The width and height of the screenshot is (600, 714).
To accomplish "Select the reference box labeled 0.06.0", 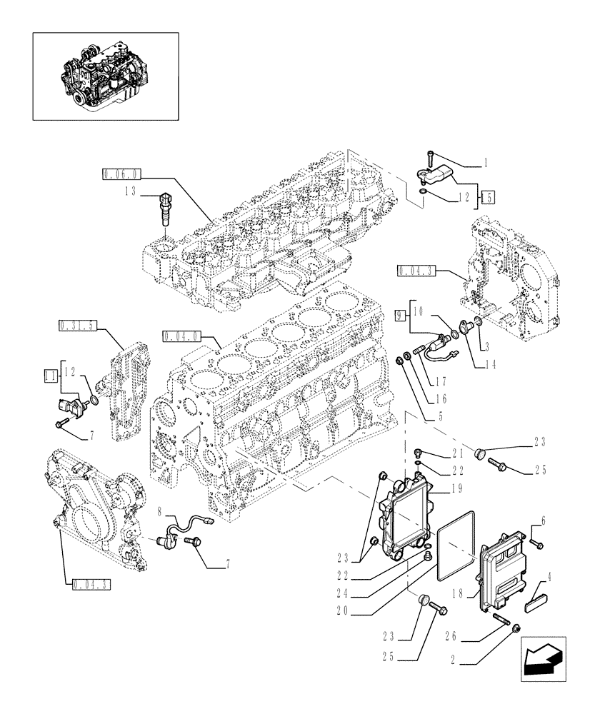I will [x=122, y=174].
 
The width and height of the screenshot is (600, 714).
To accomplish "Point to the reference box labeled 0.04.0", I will [x=181, y=336].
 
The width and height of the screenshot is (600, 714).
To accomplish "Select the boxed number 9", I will [x=401, y=312].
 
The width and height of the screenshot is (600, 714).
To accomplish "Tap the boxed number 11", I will [x=50, y=374].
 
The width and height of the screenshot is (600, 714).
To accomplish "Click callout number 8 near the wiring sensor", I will [x=161, y=511].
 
